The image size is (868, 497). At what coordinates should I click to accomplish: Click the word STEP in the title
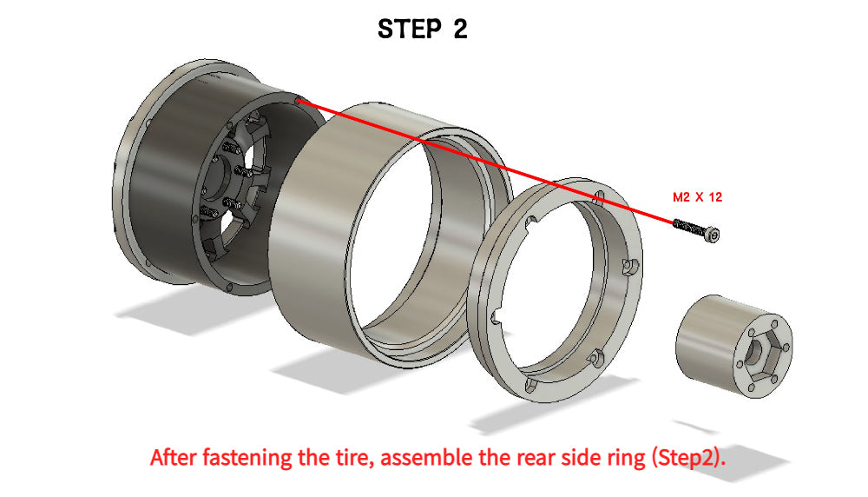click(x=409, y=29)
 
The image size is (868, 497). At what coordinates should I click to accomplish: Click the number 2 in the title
click(x=460, y=29)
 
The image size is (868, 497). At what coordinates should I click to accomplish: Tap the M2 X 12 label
click(x=697, y=197)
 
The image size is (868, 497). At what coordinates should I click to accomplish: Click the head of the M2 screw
click(x=713, y=235)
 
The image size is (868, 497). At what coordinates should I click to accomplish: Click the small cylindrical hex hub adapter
click(x=734, y=346)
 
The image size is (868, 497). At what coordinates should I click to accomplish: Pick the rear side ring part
click(x=556, y=289)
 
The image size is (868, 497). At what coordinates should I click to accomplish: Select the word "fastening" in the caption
click(x=247, y=459)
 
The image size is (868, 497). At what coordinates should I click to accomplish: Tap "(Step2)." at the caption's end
click(x=688, y=459)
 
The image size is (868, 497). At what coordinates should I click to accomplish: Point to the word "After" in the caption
click(x=174, y=458)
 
